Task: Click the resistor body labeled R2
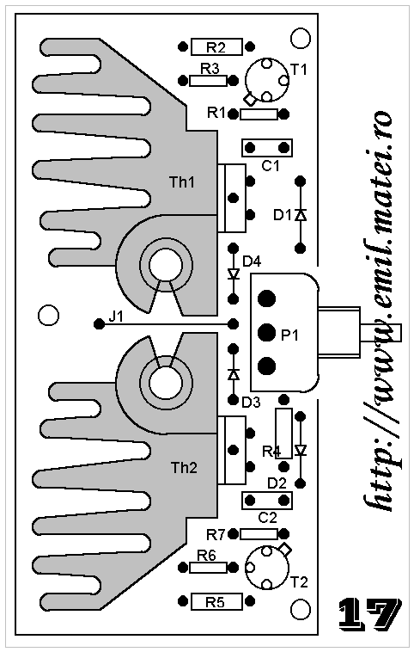[216, 46]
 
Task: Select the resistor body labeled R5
[216, 602]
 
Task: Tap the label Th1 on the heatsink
[182, 182]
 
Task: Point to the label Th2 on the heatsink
[184, 468]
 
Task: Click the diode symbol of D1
[301, 215]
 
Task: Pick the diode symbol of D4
[234, 274]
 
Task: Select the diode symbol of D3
[234, 374]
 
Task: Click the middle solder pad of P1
[266, 332]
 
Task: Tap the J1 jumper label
[116, 317]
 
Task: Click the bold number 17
[369, 613]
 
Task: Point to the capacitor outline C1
[267, 148]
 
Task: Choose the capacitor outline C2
[267, 501]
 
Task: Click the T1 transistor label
[299, 69]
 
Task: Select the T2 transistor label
[299, 581]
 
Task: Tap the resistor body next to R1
[259, 114]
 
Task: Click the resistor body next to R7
[259, 534]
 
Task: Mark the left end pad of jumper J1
[99, 323]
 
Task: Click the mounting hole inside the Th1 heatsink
[166, 265]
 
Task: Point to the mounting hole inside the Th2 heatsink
[166, 383]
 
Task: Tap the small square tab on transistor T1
[250, 100]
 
